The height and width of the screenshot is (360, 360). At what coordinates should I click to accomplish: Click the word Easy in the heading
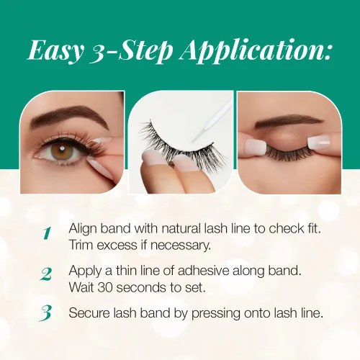55,51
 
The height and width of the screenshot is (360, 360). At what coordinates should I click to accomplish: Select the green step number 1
47,233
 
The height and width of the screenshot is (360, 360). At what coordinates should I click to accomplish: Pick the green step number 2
45,274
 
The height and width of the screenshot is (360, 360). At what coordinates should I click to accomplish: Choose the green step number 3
45,313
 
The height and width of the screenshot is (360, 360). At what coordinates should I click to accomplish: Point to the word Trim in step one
81,245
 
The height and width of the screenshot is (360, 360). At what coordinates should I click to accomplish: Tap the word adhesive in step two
204,271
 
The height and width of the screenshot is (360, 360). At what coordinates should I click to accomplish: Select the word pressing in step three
216,314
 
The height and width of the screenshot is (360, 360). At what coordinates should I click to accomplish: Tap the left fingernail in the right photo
255,145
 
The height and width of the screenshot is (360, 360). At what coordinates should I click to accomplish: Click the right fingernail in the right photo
320,142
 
